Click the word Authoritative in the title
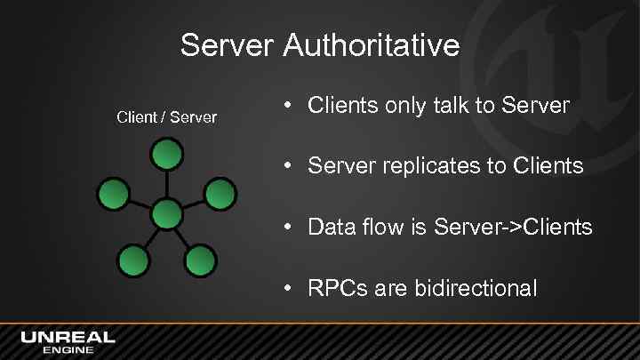pyautogui.click(x=372, y=44)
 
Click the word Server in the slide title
pyautogui.click(x=228, y=44)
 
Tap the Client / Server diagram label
pyautogui.click(x=167, y=117)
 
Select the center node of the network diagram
pyautogui.click(x=166, y=214)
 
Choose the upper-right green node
pyautogui.click(x=220, y=193)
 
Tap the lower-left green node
pyautogui.click(x=132, y=260)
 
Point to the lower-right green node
pyautogui.click(x=200, y=260)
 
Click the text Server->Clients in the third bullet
pyautogui.click(x=513, y=227)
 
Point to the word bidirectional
pyautogui.click(x=474, y=288)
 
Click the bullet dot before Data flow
pyautogui.click(x=290, y=227)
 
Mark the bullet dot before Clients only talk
pyautogui.click(x=290, y=105)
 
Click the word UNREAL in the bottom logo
pyautogui.click(x=68, y=337)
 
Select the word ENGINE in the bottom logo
pyautogui.click(x=68, y=350)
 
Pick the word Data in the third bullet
pyautogui.click(x=325, y=227)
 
